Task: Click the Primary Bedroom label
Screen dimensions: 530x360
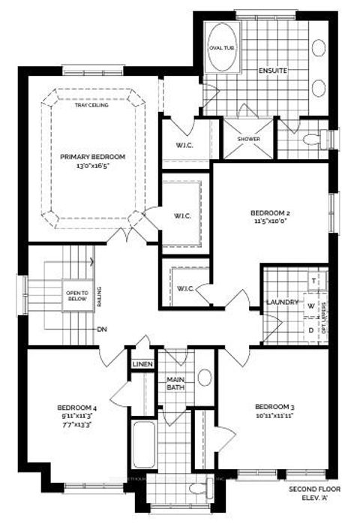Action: tap(93, 156)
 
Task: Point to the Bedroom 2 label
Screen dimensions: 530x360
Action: tap(270, 212)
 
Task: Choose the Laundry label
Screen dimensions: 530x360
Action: tap(283, 303)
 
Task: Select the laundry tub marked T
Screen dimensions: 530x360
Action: tap(313, 280)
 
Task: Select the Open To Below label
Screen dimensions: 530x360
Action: tap(77, 295)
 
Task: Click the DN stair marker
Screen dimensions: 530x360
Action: tap(100, 330)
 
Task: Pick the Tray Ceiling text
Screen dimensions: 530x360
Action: tap(93, 105)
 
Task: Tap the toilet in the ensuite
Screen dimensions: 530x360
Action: tap(311, 139)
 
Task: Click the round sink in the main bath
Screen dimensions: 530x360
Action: tap(205, 378)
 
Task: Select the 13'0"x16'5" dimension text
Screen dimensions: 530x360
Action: tap(93, 167)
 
